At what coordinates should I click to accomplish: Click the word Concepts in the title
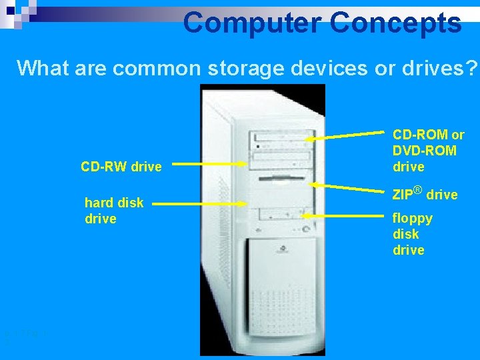(x=396, y=23)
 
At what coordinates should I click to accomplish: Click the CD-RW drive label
(x=121, y=167)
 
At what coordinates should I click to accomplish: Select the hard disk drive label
(x=113, y=211)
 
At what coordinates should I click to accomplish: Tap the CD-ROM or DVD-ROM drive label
(x=428, y=151)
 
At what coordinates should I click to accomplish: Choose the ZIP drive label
(x=425, y=195)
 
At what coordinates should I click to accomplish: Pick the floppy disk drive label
(x=413, y=234)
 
